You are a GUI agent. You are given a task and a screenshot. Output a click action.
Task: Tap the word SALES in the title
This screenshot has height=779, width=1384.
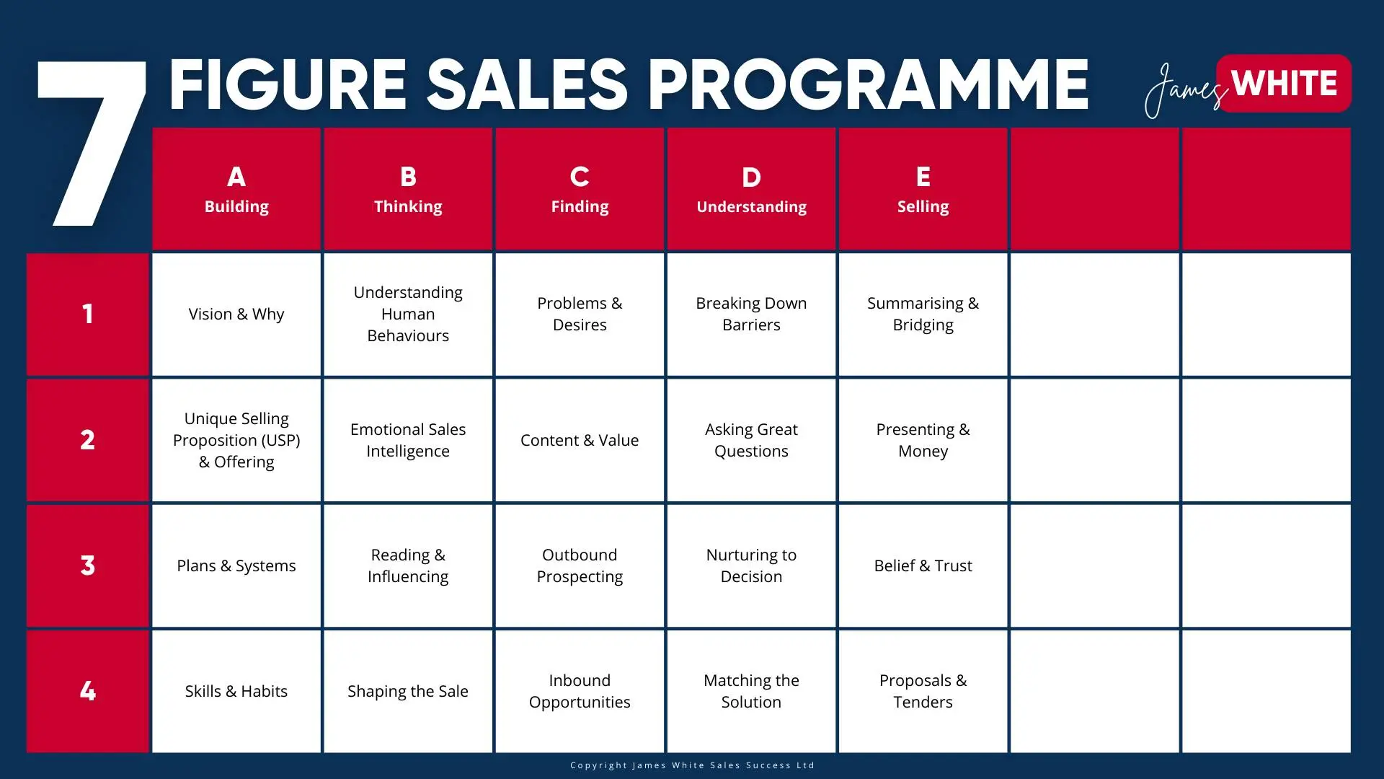pos(527,85)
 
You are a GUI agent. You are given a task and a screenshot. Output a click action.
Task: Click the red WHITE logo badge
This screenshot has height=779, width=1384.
pos(1284,83)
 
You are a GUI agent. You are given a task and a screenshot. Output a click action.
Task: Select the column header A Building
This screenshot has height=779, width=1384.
pos(236,189)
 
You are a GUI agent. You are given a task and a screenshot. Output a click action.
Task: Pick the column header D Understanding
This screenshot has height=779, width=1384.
pos(751,189)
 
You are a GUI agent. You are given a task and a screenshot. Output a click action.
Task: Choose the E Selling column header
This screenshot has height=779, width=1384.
pos(923,189)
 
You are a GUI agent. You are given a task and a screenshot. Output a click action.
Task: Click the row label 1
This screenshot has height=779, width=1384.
pos(87,314)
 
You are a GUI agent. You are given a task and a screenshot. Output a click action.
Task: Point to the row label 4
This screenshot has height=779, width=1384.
pos(87,691)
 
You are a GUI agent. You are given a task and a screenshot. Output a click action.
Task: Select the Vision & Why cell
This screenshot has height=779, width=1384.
pos(236,314)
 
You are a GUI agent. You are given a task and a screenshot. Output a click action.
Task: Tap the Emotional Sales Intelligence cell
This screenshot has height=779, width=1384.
pos(408,440)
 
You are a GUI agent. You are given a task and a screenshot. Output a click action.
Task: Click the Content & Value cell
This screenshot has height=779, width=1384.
pos(580,440)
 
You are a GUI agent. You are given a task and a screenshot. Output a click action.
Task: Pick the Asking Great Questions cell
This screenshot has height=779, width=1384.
pos(751,440)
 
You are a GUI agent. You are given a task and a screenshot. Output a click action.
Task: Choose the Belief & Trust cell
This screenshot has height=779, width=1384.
pos(923,565)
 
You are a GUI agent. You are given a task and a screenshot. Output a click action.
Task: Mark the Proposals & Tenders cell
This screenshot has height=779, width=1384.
pos(923,691)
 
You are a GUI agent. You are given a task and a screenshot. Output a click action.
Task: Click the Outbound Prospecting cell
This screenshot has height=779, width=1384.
pos(580,565)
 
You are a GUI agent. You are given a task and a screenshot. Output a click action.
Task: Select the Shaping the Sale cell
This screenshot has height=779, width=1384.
pos(408,691)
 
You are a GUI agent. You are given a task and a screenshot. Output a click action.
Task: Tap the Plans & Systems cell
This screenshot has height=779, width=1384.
pos(236,565)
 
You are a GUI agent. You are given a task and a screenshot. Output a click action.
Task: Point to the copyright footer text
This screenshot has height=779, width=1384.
pos(692,765)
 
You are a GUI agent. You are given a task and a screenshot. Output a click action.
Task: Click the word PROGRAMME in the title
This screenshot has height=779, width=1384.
pos(868,85)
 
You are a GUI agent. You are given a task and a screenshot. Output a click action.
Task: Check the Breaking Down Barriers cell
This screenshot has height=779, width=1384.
pos(751,314)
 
